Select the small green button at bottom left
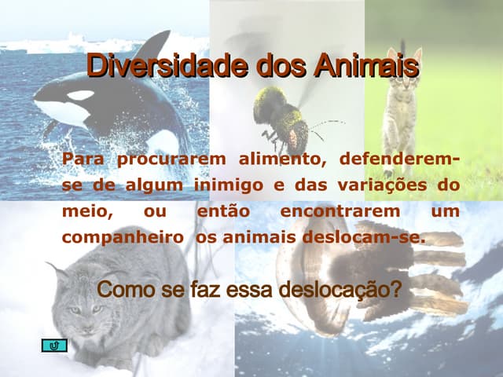pos(53,346)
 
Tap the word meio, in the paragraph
pos(87,211)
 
